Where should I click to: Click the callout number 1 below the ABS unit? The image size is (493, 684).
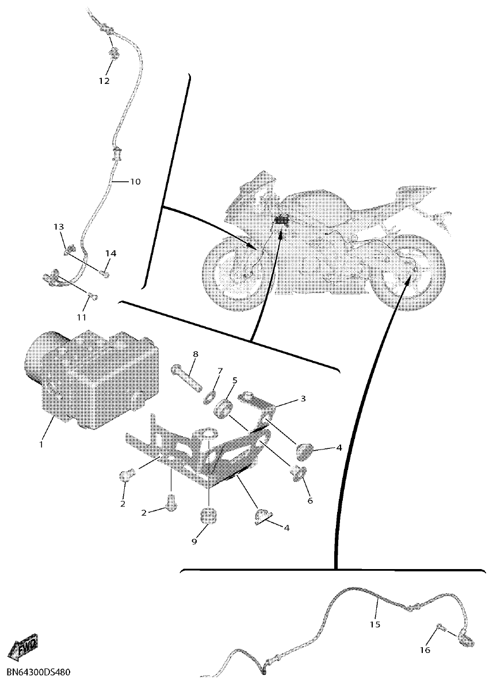pos(41,444)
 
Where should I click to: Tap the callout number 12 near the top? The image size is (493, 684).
pos(104,81)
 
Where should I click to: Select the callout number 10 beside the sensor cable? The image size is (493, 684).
pos(135,182)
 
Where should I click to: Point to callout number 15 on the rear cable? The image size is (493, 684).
pos(375,624)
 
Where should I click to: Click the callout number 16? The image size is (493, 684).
pos(425,650)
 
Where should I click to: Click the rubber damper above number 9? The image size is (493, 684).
pos(208,516)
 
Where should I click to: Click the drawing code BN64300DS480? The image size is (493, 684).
pos(39,671)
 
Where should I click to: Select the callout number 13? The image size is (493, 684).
pos(60,227)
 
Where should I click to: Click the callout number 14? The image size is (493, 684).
pos(110,253)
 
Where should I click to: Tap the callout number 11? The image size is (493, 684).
pos(81,317)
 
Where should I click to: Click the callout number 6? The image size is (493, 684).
pos(309,500)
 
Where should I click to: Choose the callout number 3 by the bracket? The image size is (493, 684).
pos(303,398)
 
